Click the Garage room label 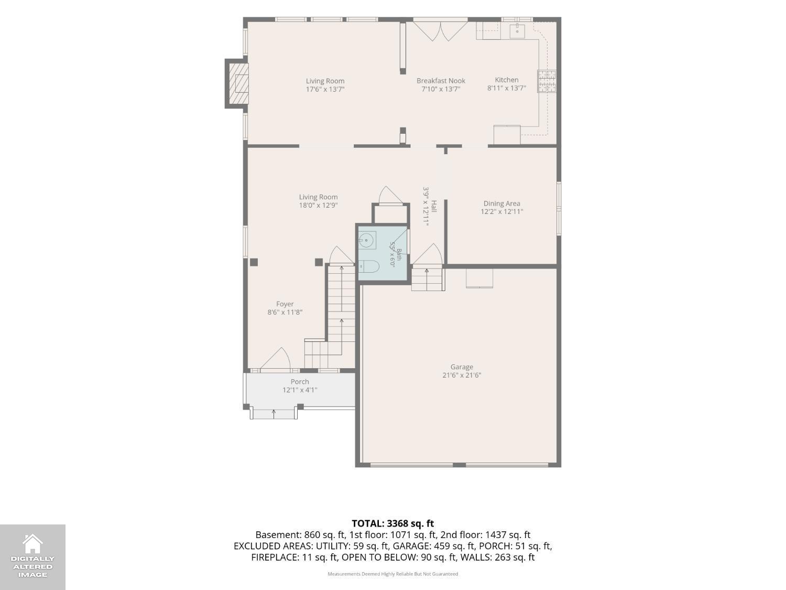pos(462,367)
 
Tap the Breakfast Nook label pos(441,81)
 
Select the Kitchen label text pos(507,80)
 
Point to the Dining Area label pos(501,203)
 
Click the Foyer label pos(285,304)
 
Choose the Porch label pos(300,382)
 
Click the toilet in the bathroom pos(369,266)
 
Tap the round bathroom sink pos(366,240)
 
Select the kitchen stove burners pos(547,81)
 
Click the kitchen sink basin pos(517,31)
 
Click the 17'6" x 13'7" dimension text pos(325,89)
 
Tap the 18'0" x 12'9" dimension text pos(319,205)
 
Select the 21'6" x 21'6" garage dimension pos(462,375)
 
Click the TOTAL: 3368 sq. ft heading pos(393,523)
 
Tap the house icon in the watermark pos(32,543)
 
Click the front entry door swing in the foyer pos(275,358)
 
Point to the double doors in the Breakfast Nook pos(441,31)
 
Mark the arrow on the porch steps pos(274,414)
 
